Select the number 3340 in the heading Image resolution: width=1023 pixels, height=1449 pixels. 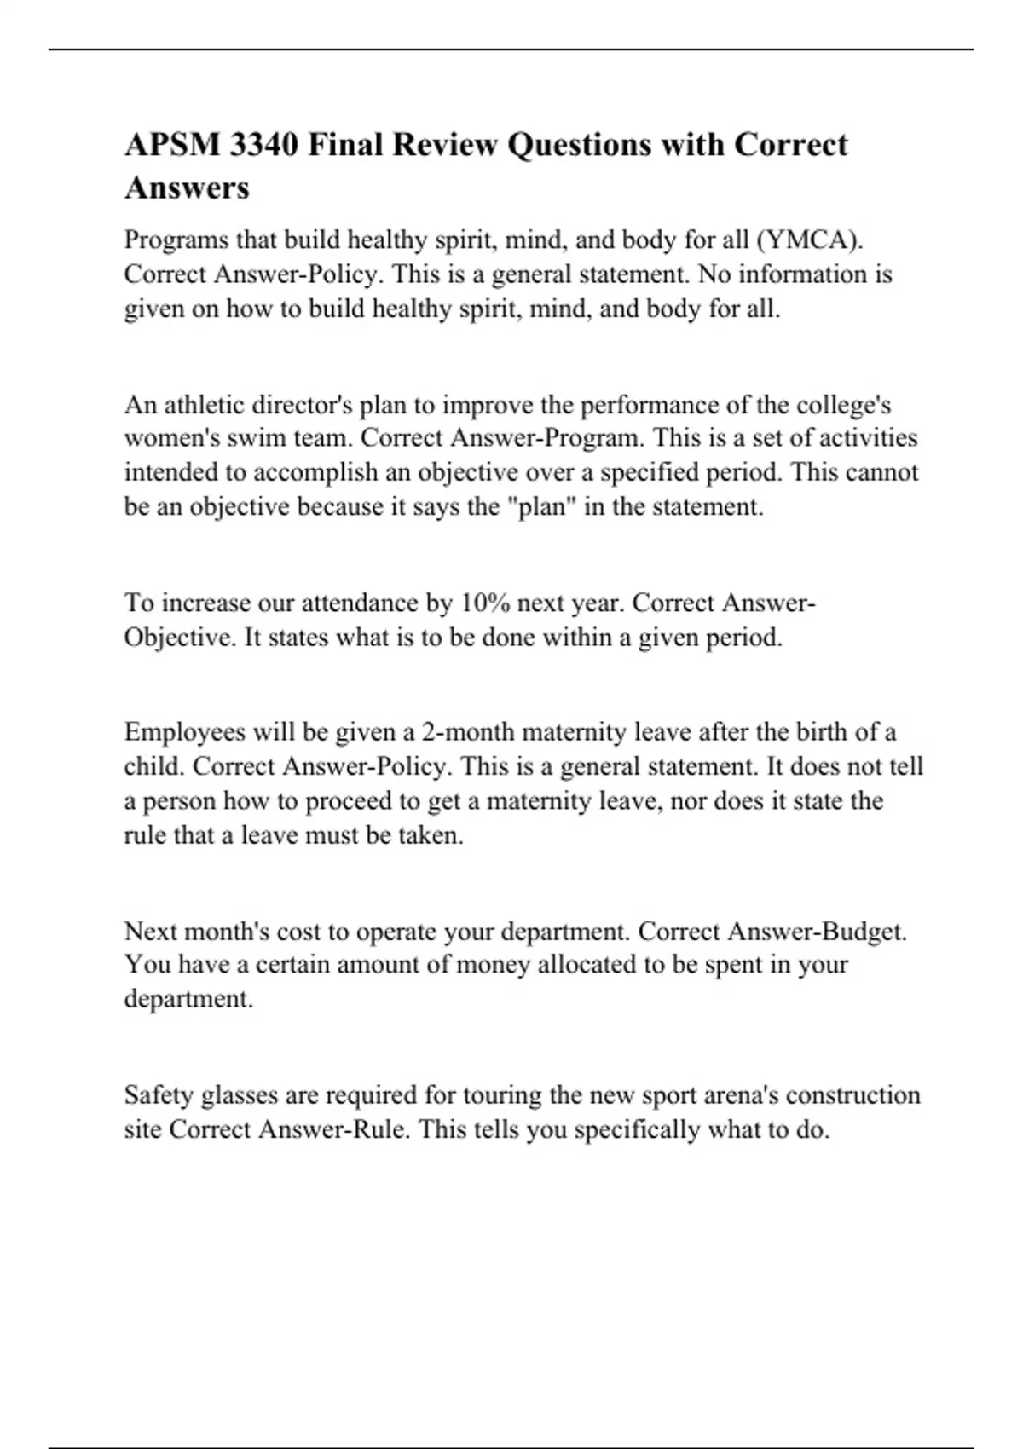point(263,145)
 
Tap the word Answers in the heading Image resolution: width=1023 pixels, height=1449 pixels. point(187,188)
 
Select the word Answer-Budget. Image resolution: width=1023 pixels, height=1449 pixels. point(818,931)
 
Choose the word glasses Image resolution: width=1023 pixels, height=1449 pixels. point(234,1094)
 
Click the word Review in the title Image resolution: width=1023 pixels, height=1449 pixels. point(445,145)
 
